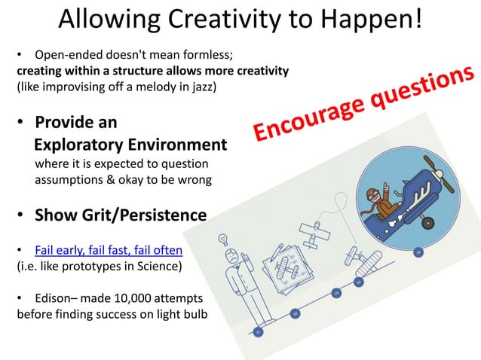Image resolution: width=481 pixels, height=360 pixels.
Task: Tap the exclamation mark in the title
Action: (x=417, y=20)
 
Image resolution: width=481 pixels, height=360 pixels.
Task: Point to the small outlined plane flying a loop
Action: (x=311, y=229)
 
